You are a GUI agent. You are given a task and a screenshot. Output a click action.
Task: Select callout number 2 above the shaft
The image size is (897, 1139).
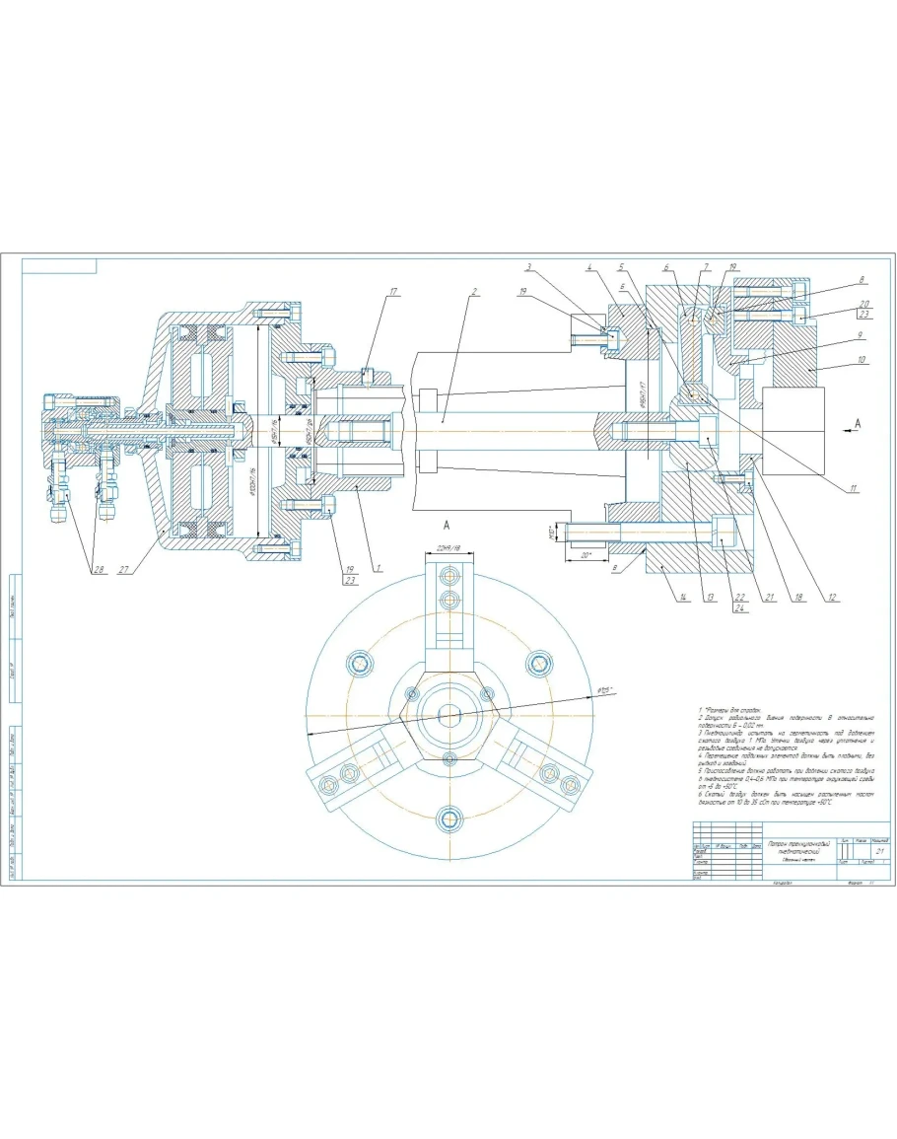[474, 292]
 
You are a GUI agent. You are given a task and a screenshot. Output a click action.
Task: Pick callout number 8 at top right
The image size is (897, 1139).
[862, 280]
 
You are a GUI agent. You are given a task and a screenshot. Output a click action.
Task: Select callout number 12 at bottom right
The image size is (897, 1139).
[831, 598]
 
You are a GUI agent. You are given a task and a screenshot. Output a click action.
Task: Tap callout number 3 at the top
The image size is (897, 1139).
[529, 266]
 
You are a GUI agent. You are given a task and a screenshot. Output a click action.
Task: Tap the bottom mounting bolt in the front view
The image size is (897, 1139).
[451, 818]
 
